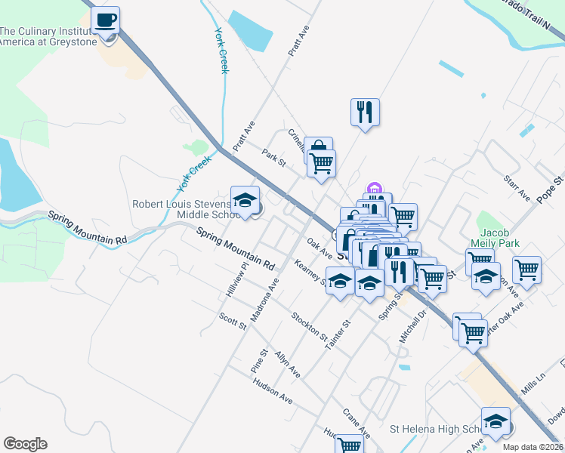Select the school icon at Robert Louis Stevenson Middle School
[x=245, y=201]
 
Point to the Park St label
[x=273, y=159]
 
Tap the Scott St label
[x=233, y=321]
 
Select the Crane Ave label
[x=356, y=424]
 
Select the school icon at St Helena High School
[x=496, y=421]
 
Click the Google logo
[x=25, y=444]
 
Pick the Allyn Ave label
[x=287, y=365]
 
